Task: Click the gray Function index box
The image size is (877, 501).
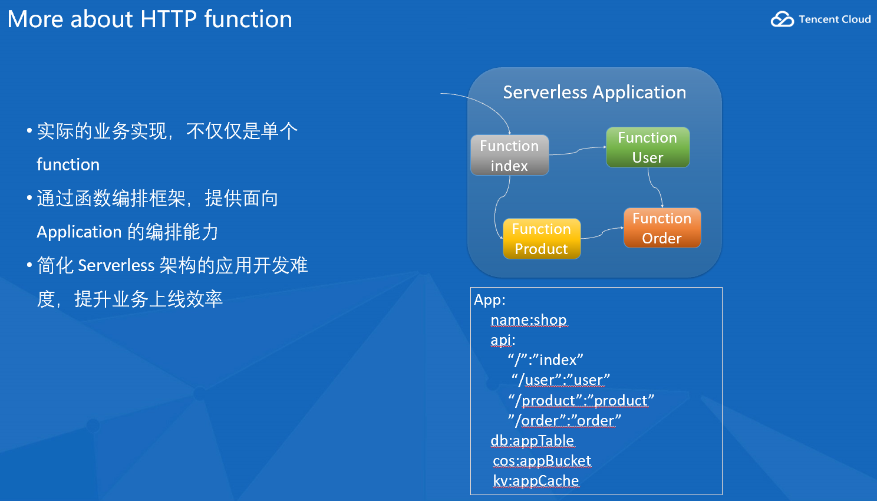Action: [x=509, y=155]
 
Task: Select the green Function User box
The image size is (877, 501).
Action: [x=648, y=147]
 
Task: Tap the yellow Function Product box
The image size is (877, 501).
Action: [x=542, y=238]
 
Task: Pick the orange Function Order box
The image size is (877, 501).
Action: [x=662, y=228]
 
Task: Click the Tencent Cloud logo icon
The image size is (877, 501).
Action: [x=782, y=19]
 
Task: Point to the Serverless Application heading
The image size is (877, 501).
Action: [x=594, y=93]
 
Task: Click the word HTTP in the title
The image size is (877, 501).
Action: [x=169, y=19]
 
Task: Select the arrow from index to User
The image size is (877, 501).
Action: [x=578, y=150]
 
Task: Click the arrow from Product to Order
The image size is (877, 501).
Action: [x=602, y=232]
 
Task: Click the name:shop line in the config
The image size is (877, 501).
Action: [x=529, y=320]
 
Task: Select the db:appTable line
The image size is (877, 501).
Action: [x=532, y=441]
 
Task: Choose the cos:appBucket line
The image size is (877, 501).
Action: [x=542, y=461]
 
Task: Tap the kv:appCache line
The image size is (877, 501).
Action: [x=536, y=481]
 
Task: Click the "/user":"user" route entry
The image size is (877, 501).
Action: [x=561, y=380]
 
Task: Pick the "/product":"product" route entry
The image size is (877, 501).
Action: [x=581, y=400]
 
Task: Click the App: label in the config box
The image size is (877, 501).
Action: [x=489, y=300]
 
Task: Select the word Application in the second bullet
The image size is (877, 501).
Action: [x=79, y=232]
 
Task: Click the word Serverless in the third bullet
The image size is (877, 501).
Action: [x=116, y=265]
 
